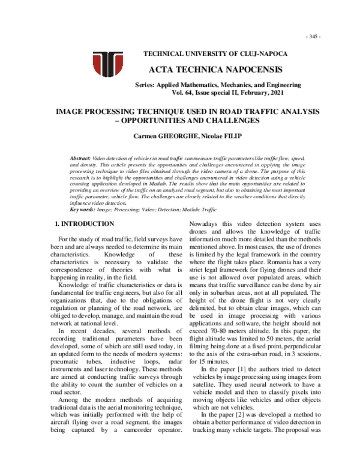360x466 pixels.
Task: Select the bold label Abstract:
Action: (82, 156)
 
